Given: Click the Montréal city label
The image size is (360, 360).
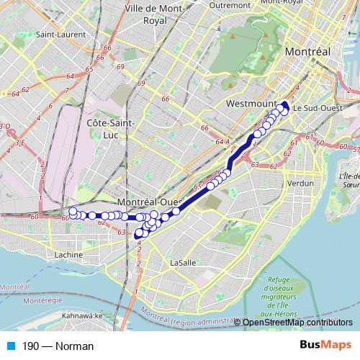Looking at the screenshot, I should tap(307, 53).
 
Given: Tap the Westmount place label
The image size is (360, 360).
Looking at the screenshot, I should tap(247, 104).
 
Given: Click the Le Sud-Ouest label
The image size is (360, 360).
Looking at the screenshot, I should tap(312, 107).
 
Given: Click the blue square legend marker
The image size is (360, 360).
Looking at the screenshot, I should tap(9, 346).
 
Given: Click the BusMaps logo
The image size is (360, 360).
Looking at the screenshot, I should tap(325, 345).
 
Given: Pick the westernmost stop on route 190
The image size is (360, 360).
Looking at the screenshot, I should tap(72, 212).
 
